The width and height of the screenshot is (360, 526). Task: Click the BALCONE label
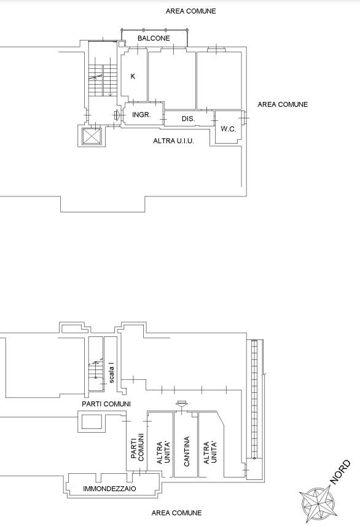154,38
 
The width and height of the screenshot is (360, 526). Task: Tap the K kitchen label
133,76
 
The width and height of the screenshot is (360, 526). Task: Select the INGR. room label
141,115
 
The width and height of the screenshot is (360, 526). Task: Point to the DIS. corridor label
188,118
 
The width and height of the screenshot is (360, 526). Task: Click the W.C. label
229,129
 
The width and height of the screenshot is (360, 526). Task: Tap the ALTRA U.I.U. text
173,141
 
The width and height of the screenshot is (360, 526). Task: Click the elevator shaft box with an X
92,136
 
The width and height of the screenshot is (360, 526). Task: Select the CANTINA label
187,451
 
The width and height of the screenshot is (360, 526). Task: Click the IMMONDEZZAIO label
109,489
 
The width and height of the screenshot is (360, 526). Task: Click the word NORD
340,473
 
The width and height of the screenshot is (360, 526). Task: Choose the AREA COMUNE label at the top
190,11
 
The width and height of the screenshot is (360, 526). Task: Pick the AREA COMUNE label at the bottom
177,513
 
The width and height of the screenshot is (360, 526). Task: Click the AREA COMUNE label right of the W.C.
283,104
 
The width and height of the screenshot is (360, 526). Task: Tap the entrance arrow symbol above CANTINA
182,404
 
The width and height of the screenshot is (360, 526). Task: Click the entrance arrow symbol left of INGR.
117,115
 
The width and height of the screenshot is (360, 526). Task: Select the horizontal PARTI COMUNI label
106,404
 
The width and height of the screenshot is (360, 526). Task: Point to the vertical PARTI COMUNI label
137,447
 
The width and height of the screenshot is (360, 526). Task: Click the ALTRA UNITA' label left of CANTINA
163,452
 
